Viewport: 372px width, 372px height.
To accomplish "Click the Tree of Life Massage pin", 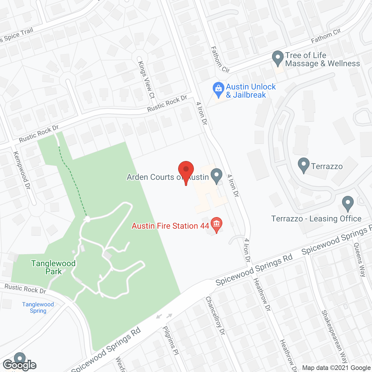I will (x=278, y=58).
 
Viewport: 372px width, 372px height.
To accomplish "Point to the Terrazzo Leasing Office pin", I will (x=348, y=203).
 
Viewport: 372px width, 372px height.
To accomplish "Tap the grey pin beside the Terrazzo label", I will (x=304, y=165).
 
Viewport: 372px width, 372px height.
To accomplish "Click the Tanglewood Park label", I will (x=53, y=267).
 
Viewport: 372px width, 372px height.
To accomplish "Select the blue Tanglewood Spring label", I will (x=38, y=307).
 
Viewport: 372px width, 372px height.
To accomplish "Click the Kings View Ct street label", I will (x=146, y=79).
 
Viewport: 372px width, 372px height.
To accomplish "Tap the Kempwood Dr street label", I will (x=22, y=170).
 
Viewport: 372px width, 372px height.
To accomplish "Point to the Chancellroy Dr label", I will (x=215, y=315).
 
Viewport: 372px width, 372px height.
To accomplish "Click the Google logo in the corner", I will (x=19, y=365).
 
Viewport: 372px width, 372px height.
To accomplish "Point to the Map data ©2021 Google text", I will (x=337, y=368).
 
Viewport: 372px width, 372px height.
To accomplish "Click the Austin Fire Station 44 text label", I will (x=170, y=226).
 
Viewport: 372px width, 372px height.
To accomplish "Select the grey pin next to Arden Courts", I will (x=216, y=176).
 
